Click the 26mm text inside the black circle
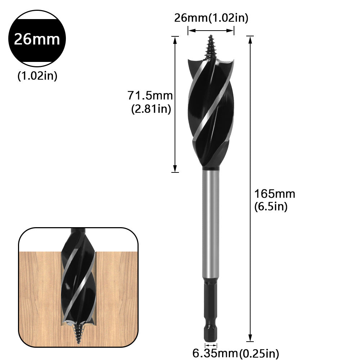pos(37,39)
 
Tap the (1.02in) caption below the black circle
pos(37,76)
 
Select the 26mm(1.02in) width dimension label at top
pos(211,18)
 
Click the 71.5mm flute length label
pos(150,96)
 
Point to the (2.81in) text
pos(151,109)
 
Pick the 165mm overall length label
pos(275,194)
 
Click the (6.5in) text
pos(271,207)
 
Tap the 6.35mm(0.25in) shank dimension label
pos(236,352)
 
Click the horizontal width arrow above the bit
pos(211,31)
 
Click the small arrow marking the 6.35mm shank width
pos(211,345)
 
